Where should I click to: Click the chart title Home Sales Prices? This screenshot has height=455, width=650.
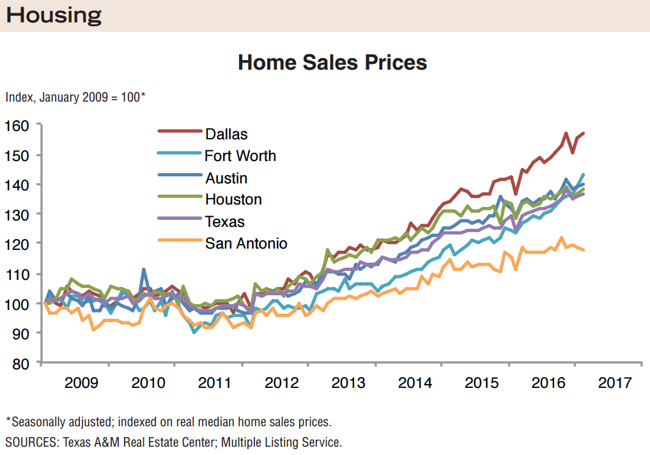point(332,63)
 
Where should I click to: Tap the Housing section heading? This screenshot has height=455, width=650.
point(54,15)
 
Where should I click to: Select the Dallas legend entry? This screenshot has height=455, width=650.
point(226,134)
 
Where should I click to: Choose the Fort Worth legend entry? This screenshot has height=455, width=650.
point(240,156)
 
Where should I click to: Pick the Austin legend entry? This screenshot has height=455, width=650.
point(226,178)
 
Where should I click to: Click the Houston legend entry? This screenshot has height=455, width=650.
point(233,199)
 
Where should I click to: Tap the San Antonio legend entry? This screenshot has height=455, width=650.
point(246,243)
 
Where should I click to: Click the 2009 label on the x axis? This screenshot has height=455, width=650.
point(81,383)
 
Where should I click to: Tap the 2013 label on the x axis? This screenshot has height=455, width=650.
point(348,383)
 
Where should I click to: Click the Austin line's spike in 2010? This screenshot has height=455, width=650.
point(144,270)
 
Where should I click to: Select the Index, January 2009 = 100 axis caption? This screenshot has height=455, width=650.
point(75,98)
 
